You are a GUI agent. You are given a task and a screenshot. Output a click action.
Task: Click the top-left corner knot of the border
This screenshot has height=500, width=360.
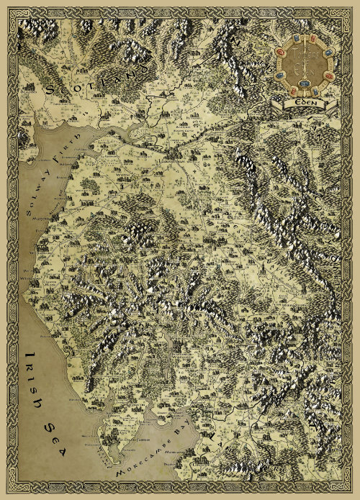point(9,9)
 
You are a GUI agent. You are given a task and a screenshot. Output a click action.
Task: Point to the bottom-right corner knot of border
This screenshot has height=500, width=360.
point(351,491)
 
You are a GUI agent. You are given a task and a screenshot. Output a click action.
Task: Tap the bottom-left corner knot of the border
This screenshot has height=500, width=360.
point(9,491)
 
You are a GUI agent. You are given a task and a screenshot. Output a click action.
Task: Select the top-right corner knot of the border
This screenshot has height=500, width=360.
point(351,9)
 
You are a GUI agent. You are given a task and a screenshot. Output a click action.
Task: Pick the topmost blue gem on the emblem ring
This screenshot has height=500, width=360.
point(315,43)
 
